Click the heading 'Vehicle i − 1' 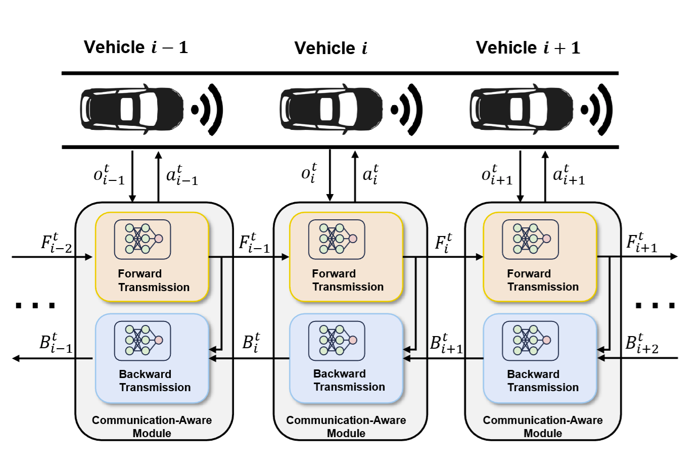[135, 48]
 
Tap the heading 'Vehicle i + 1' [528, 48]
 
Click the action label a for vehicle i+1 [569, 175]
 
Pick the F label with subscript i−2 [56, 243]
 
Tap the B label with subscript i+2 [641, 343]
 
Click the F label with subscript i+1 [641, 243]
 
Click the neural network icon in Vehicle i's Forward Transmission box [337, 239]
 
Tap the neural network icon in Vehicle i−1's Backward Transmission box [143, 341]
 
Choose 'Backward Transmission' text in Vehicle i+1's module [542, 381]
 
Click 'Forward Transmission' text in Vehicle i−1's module [153, 280]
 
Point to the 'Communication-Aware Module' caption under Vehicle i [346, 427]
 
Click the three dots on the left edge [35, 305]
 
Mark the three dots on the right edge [655, 305]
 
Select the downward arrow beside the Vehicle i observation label [330, 175]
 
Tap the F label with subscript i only [443, 243]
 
